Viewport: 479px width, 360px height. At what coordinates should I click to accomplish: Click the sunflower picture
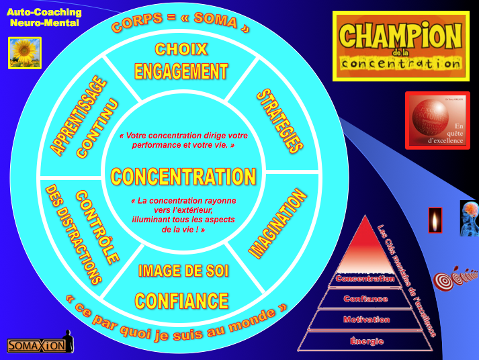click(25, 52)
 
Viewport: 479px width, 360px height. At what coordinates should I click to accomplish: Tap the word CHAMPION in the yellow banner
click(401, 35)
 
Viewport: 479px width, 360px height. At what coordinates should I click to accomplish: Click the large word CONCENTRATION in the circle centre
click(183, 177)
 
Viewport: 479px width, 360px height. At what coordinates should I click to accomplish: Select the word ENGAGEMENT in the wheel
click(181, 71)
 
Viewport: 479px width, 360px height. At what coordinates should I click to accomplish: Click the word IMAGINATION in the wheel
click(278, 224)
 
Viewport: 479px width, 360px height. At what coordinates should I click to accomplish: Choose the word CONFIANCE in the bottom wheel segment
click(181, 300)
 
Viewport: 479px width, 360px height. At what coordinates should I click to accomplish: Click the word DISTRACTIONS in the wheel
click(73, 234)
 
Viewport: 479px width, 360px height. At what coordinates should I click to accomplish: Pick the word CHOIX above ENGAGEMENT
click(181, 49)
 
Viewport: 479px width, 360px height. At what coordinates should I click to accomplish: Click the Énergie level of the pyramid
click(367, 341)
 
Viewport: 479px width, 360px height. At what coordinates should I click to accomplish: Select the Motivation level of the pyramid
click(366, 320)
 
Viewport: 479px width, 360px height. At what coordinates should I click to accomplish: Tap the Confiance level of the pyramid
click(365, 299)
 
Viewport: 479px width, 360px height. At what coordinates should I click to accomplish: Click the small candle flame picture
click(435, 220)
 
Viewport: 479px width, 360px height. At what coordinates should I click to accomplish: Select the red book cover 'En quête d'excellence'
click(437, 120)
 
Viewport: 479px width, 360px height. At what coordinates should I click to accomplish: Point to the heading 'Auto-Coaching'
click(44, 12)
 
